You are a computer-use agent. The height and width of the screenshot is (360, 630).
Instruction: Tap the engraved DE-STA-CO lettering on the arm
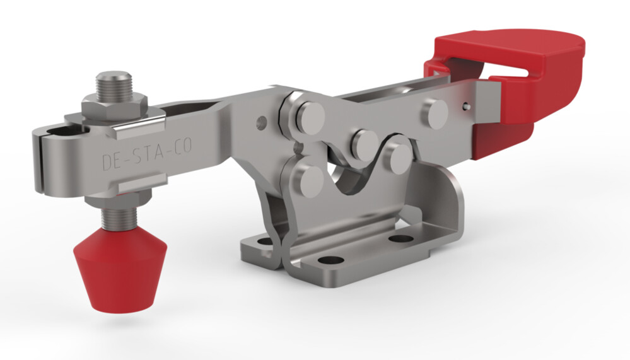pos(148,155)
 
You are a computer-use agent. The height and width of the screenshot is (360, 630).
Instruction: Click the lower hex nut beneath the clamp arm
pos(117,200)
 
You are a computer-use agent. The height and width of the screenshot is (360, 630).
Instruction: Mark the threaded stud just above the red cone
pos(119,218)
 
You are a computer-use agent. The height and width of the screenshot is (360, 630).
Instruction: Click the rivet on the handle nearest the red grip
pos(436,113)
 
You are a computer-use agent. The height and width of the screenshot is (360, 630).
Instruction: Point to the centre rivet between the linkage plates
pos(365,144)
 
